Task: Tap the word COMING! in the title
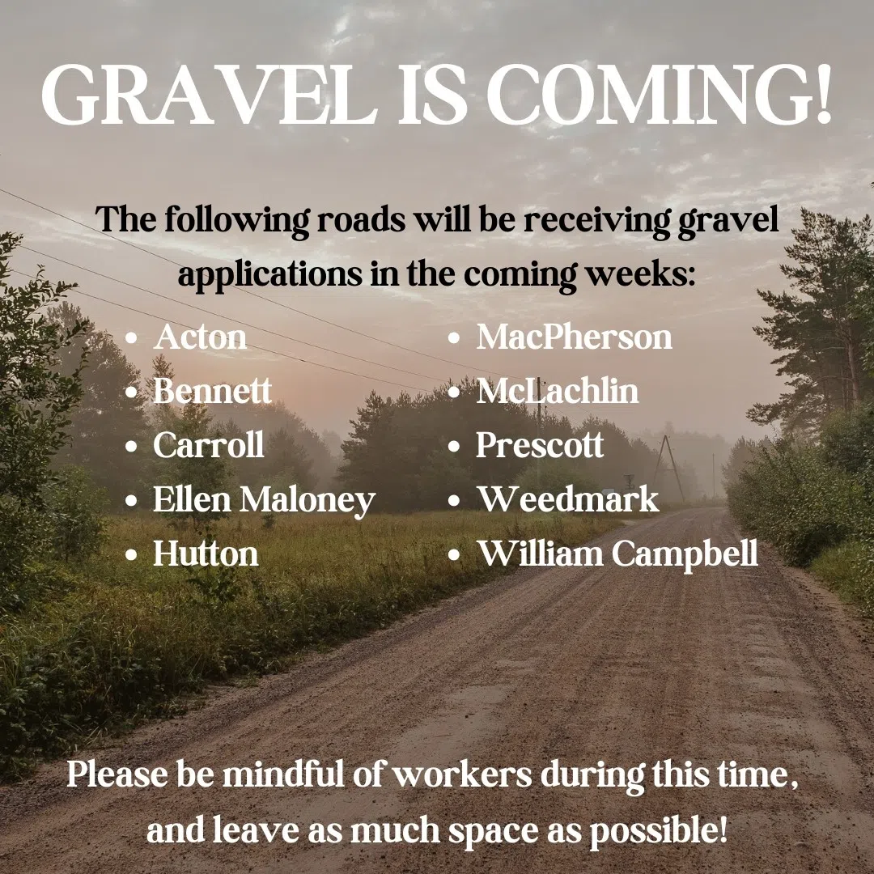pyautogui.click(x=660, y=94)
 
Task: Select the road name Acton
pyautogui.click(x=200, y=337)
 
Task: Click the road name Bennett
pyautogui.click(x=212, y=391)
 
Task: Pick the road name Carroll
pyautogui.click(x=209, y=445)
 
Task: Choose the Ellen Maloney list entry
pyautogui.click(x=264, y=500)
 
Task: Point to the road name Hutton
pyautogui.click(x=206, y=554)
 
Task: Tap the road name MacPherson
pyautogui.click(x=574, y=337)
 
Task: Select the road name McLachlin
pyautogui.click(x=558, y=391)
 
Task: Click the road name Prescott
pyautogui.click(x=540, y=445)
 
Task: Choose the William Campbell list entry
pyautogui.click(x=617, y=554)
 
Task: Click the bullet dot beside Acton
pyautogui.click(x=132, y=338)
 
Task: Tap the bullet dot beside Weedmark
pyautogui.click(x=454, y=500)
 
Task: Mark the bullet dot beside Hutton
pyautogui.click(x=132, y=554)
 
